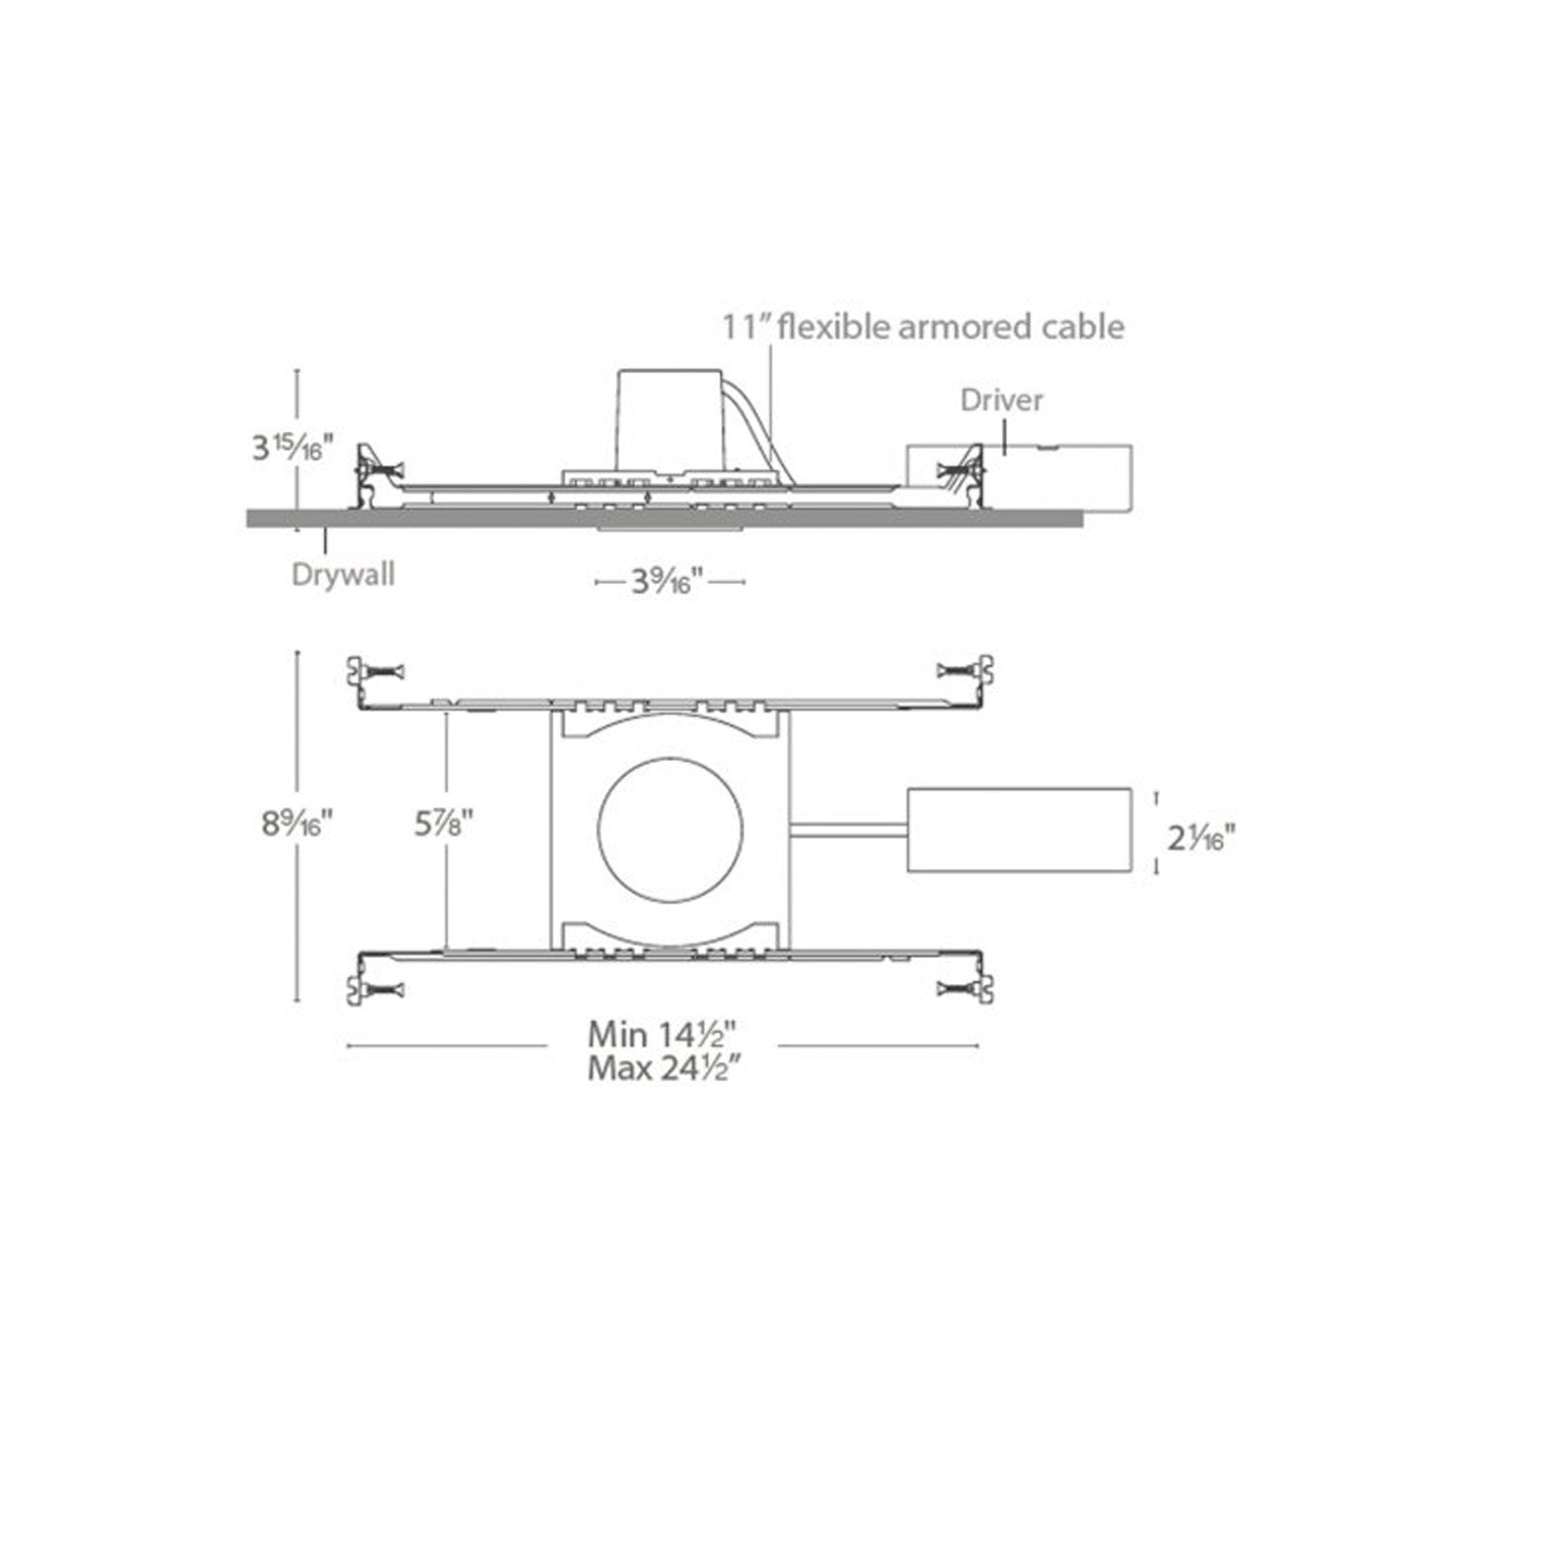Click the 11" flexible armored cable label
coord(923,326)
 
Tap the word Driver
coord(1001,400)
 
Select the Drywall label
coord(343,574)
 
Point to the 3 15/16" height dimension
coord(292,447)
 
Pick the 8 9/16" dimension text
coord(296,823)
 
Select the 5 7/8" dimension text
coord(444,823)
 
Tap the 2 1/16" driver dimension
coord(1201,839)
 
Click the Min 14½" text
coord(662,1034)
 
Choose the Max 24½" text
coord(662,1069)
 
